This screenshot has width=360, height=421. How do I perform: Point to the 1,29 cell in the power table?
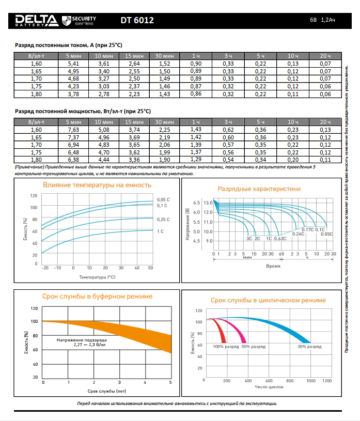pos(196,160)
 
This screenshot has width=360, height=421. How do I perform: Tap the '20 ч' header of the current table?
pos(325,55)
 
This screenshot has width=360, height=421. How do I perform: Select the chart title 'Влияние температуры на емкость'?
pos(97,184)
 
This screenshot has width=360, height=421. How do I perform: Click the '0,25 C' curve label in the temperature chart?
pos(163,220)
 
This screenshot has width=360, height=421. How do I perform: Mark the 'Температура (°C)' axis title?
pos(97,277)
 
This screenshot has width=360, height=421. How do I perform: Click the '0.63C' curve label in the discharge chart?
pos(280,239)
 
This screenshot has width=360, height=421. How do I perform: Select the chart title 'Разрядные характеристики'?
pos(259,189)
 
